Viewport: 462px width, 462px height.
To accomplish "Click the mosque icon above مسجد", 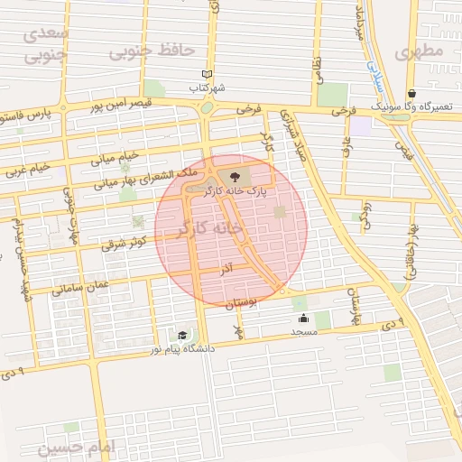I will [x=303, y=318].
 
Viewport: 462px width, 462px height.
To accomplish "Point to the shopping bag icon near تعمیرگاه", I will [x=411, y=93].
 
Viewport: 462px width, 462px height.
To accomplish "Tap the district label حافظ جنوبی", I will [x=140, y=51].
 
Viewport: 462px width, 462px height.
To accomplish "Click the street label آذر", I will [x=226, y=269].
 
